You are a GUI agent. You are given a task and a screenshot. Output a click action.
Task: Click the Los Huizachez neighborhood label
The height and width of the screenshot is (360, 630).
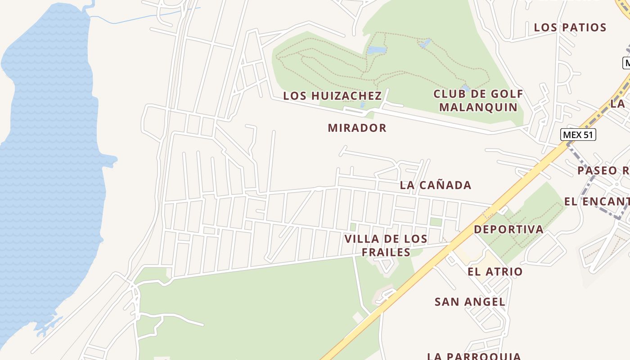pyautogui.click(x=332, y=96)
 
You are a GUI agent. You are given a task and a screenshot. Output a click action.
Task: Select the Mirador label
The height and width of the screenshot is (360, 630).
pyautogui.click(x=357, y=128)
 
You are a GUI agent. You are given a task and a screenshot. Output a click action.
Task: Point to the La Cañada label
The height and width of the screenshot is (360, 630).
pyautogui.click(x=435, y=185)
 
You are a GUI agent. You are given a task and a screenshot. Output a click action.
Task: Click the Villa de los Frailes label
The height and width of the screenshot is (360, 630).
pyautogui.click(x=386, y=245)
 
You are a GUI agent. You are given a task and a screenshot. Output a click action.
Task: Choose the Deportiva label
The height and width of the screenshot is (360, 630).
pyautogui.click(x=508, y=229)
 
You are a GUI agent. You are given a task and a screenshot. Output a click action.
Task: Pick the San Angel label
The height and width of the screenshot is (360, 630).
pyautogui.click(x=470, y=302)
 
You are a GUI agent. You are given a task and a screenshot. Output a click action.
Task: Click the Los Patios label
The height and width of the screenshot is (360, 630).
pyautogui.click(x=570, y=27)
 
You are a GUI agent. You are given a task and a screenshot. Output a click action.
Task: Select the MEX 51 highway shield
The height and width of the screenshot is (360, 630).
pyautogui.click(x=578, y=135)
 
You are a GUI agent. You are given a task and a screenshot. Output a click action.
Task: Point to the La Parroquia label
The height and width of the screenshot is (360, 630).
pyautogui.click(x=474, y=356)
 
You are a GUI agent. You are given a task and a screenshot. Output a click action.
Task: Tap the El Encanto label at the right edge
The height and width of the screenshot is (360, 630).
pyautogui.click(x=597, y=202)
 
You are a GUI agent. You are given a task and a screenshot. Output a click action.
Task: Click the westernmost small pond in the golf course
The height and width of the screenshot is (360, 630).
pyautogui.click(x=376, y=50)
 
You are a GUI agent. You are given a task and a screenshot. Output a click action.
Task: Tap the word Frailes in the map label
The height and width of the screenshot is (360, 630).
pyautogui.click(x=386, y=252)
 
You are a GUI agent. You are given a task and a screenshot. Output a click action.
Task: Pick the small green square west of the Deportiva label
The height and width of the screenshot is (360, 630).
pyautogui.click(x=435, y=222)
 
